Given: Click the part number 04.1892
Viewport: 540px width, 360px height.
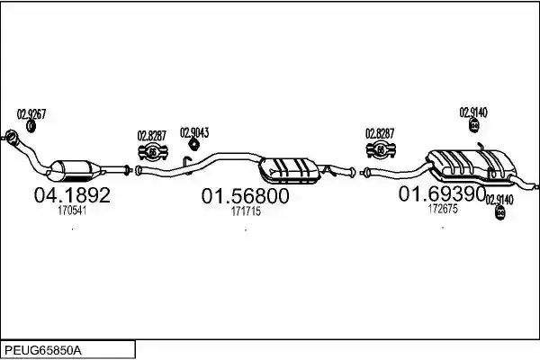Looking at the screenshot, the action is point(72,194).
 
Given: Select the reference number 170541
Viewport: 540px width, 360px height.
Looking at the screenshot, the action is point(72,210).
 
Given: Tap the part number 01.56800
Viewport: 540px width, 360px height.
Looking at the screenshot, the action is point(245,196).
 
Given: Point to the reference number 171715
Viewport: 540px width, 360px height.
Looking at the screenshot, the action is point(246,211).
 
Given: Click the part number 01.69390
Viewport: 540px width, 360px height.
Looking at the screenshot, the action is point(442,193).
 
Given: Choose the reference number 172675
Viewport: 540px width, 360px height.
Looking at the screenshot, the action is point(443,209).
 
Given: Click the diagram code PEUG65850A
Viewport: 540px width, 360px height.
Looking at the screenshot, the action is point(43,351).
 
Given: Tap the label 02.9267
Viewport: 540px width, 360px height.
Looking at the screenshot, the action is point(31,114).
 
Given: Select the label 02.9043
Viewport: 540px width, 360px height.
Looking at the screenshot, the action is point(194,132).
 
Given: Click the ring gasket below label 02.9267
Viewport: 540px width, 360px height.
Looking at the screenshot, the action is point(31,126).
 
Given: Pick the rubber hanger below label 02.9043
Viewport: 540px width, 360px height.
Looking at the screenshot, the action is point(194,144).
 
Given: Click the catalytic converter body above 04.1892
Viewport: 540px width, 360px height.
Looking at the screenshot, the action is point(74,170).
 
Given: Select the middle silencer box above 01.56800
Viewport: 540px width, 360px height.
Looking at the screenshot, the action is point(289,170).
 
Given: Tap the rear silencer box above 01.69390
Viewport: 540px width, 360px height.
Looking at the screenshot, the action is point(472,165).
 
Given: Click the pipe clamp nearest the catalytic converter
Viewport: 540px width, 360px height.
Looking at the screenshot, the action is point(153,153).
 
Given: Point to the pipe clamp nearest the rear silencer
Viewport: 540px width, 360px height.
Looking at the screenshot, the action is point(381,150).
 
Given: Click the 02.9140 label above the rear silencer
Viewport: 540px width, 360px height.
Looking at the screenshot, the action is point(473,112).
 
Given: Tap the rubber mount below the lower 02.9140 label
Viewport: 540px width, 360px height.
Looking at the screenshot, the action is point(499,212).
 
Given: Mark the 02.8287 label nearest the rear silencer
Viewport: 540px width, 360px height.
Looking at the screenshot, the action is point(380,133).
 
